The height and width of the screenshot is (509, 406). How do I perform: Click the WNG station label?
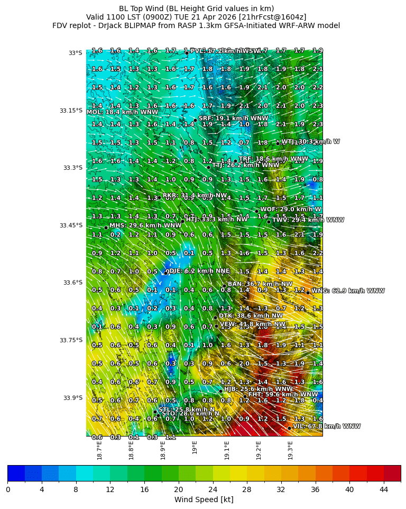(348, 290)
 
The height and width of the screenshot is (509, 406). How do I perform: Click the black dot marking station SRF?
(195, 120)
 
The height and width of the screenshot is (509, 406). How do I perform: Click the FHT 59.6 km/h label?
(283, 394)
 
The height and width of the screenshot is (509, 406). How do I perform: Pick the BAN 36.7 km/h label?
(260, 284)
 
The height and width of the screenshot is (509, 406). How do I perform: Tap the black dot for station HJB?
(220, 391)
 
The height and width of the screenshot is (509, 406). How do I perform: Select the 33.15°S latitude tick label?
(70, 111)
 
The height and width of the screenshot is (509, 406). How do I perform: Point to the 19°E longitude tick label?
(195, 448)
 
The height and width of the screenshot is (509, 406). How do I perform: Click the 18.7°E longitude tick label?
(99, 450)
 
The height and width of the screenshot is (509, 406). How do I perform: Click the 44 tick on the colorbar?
(383, 489)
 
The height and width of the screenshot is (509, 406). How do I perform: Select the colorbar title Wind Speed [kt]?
(204, 499)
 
